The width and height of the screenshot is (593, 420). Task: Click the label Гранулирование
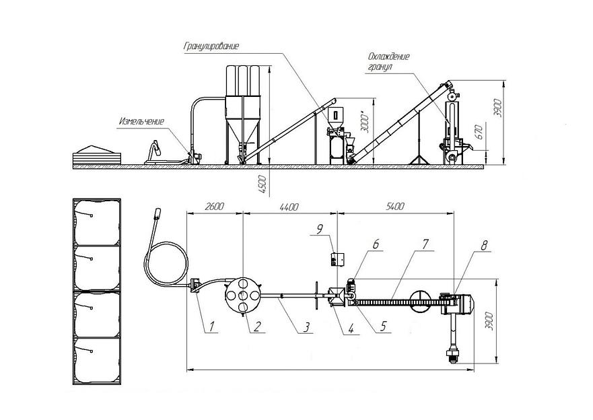pyautogui.click(x=211, y=46)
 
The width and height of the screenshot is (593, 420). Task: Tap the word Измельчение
pyautogui.click(x=141, y=121)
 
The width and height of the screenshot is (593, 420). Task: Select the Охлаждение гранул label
pyautogui.click(x=388, y=62)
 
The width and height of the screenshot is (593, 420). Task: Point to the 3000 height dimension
pyautogui.click(x=365, y=122)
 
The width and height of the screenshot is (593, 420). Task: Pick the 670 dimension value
pyautogui.click(x=479, y=132)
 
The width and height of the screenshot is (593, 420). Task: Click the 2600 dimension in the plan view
pyautogui.click(x=215, y=207)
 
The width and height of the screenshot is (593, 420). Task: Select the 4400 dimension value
pyautogui.click(x=289, y=207)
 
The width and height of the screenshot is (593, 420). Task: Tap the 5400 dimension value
pyautogui.click(x=395, y=206)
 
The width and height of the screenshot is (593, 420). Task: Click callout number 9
pyautogui.click(x=320, y=229)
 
